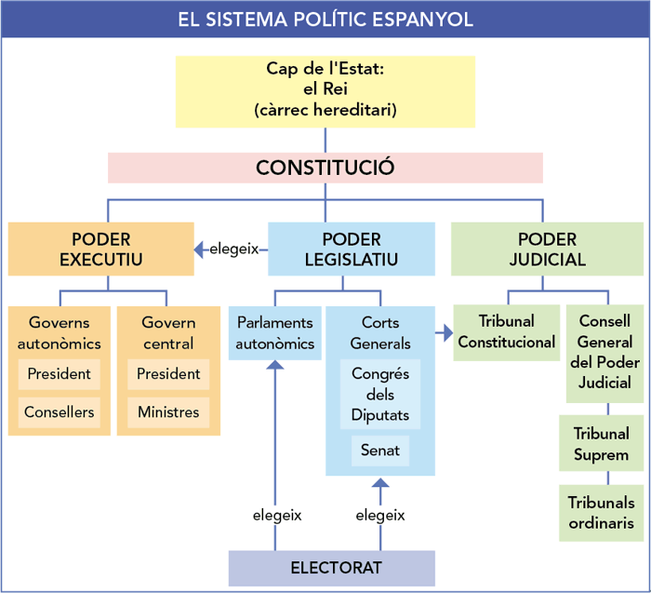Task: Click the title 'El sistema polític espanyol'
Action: point(325,19)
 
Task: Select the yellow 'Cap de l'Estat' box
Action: point(325,90)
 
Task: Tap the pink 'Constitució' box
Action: point(325,168)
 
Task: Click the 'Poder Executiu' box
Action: point(100,249)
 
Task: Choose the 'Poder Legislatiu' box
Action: point(351,249)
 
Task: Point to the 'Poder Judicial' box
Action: point(547,249)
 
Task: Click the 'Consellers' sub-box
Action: point(60,411)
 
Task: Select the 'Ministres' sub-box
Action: point(168,411)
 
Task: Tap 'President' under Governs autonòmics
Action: point(60,374)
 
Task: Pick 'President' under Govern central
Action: point(168,374)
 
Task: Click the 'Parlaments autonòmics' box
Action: point(274,332)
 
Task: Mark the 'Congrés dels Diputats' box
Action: point(380,394)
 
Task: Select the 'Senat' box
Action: point(380,451)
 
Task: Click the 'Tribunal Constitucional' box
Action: point(507,332)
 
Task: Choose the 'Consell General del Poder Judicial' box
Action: point(604,352)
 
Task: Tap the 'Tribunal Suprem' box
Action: point(601,444)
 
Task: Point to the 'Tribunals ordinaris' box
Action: point(601,512)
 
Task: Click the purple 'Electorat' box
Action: point(332,567)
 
